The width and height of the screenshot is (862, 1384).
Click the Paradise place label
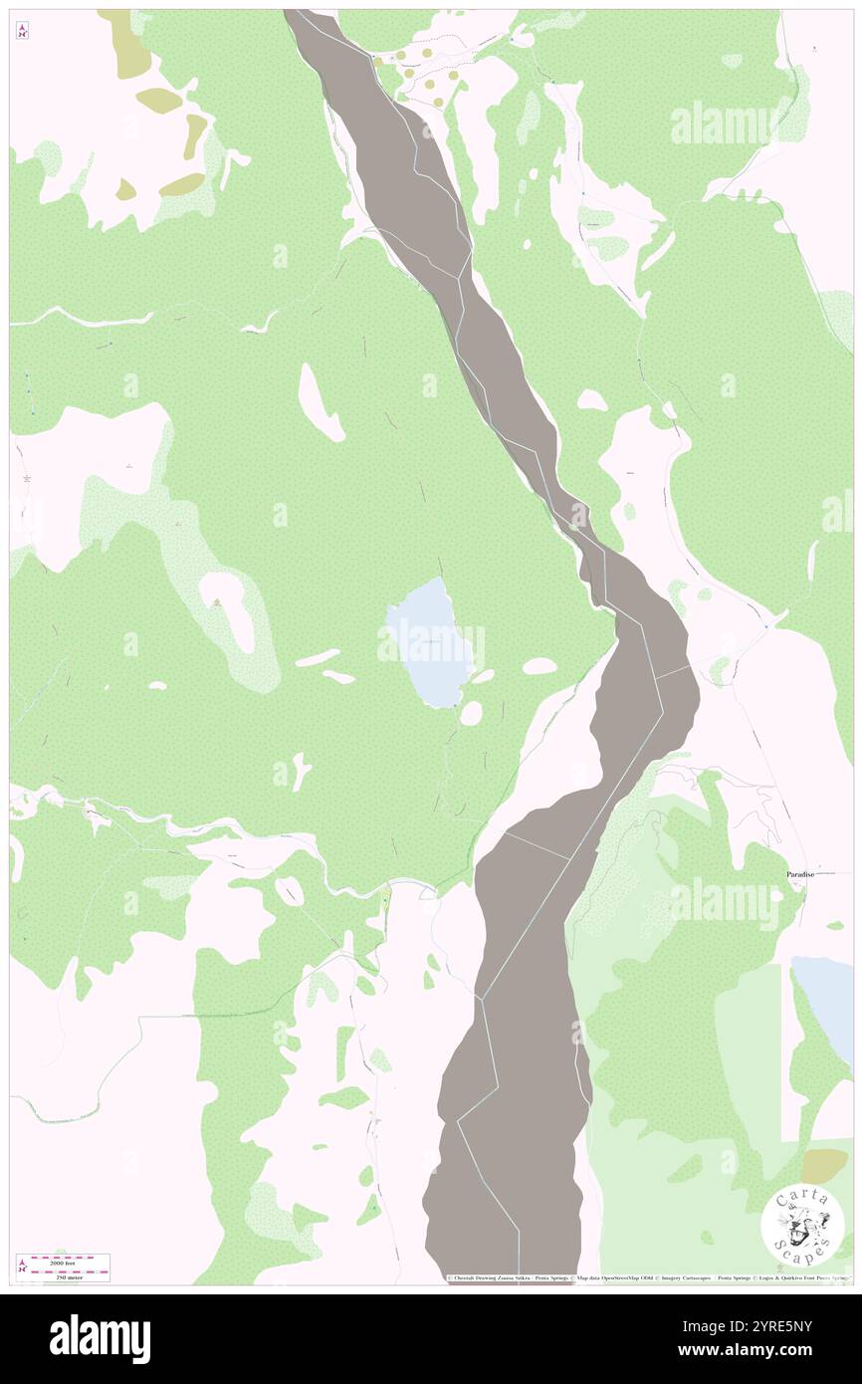[x=800, y=874]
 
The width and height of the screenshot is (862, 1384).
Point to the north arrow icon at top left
[x=22, y=31]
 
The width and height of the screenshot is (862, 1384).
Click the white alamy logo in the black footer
[x=100, y=1338]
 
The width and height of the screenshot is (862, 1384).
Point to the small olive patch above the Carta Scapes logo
[x=825, y=1164]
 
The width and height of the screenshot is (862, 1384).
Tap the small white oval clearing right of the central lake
[x=539, y=666]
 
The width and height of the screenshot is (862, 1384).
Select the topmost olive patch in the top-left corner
[x=123, y=45]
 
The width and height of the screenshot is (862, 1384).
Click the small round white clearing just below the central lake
[x=471, y=713]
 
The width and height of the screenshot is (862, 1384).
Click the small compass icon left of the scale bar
[x=22, y=1268]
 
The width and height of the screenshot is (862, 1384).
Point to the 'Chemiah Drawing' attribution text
[x=488, y=1278]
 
